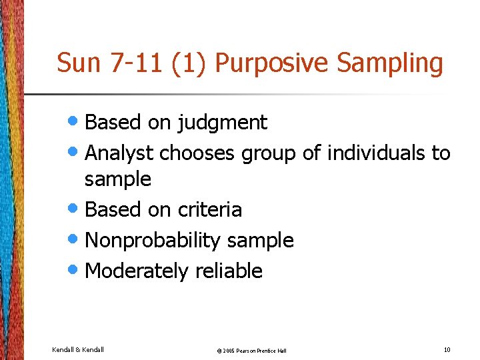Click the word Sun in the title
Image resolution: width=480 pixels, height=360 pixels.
pyautogui.click(x=78, y=63)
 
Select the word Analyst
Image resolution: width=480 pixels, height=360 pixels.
pyautogui.click(x=121, y=153)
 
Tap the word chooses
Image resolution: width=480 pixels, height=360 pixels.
pyautogui.click(x=197, y=153)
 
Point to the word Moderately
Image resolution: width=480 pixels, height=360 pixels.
pyautogui.click(x=137, y=271)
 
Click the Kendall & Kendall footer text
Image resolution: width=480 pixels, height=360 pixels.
pyautogui.click(x=78, y=349)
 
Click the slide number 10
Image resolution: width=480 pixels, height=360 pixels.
pyautogui.click(x=446, y=349)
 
